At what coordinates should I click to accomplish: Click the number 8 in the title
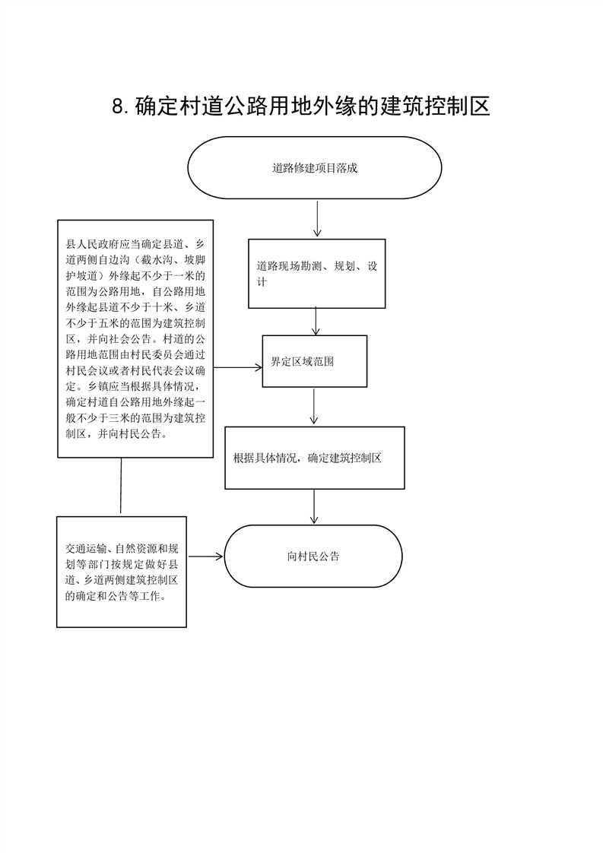119,106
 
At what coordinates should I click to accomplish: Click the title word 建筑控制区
436,106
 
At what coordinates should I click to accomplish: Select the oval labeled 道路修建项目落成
315,167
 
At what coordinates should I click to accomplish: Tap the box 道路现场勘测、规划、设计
317,274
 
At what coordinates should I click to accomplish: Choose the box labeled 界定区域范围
315,361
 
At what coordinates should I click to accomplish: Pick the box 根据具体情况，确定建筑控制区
315,458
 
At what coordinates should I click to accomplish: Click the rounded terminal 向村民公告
313,556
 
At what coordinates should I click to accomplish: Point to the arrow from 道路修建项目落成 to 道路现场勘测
317,219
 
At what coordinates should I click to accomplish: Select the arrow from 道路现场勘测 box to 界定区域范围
316,322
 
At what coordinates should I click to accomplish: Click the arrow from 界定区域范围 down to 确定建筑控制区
313,406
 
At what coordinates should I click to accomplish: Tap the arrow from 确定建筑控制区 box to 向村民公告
314,506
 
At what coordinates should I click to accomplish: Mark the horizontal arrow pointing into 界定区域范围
238,368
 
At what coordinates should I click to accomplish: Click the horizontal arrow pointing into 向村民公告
205,556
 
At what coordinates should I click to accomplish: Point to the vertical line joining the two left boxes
121,487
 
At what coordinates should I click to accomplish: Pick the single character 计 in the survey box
262,282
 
